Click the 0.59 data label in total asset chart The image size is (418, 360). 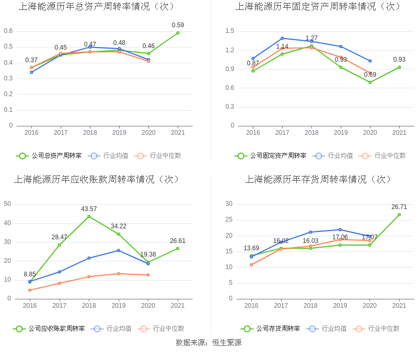click(x=178, y=25)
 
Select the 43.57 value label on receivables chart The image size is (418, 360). click(x=89, y=209)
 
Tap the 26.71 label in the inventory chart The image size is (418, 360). click(x=399, y=207)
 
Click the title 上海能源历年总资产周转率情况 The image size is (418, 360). click(x=97, y=7)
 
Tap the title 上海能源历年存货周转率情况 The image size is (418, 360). click(x=318, y=180)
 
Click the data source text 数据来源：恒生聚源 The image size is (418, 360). click(x=208, y=343)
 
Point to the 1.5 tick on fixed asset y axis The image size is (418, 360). click(x=230, y=31)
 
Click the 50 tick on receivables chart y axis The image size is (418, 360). click(x=7, y=204)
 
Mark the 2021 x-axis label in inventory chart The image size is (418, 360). click(x=399, y=306)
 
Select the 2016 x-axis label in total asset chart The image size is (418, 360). click(x=31, y=133)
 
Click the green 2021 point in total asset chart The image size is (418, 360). click(x=178, y=33)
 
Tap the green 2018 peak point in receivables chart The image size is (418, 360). click(x=89, y=216)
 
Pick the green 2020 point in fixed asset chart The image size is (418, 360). click(x=370, y=82)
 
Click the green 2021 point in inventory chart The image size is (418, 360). click(x=399, y=215)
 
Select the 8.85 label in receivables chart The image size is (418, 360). click(x=30, y=274)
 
